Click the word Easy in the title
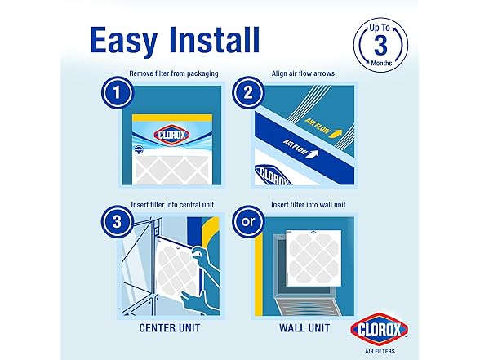coord(124,42)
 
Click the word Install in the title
coord(215,40)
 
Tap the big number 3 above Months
coord(380,46)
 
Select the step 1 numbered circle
coord(118,92)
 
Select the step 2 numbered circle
coord(248,92)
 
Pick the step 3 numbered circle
coord(118,222)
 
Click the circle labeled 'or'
coord(248,222)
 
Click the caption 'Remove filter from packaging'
coord(174,73)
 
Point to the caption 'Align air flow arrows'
coord(303,73)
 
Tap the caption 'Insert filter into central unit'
coord(172,204)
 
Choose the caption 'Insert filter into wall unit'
coord(309,204)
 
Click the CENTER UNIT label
coord(170,328)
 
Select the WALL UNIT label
coord(304,328)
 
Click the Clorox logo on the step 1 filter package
coord(171,135)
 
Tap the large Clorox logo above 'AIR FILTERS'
coord(380,329)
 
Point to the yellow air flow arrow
coord(336,133)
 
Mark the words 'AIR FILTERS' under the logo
coord(380,351)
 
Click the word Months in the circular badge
coord(381,63)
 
